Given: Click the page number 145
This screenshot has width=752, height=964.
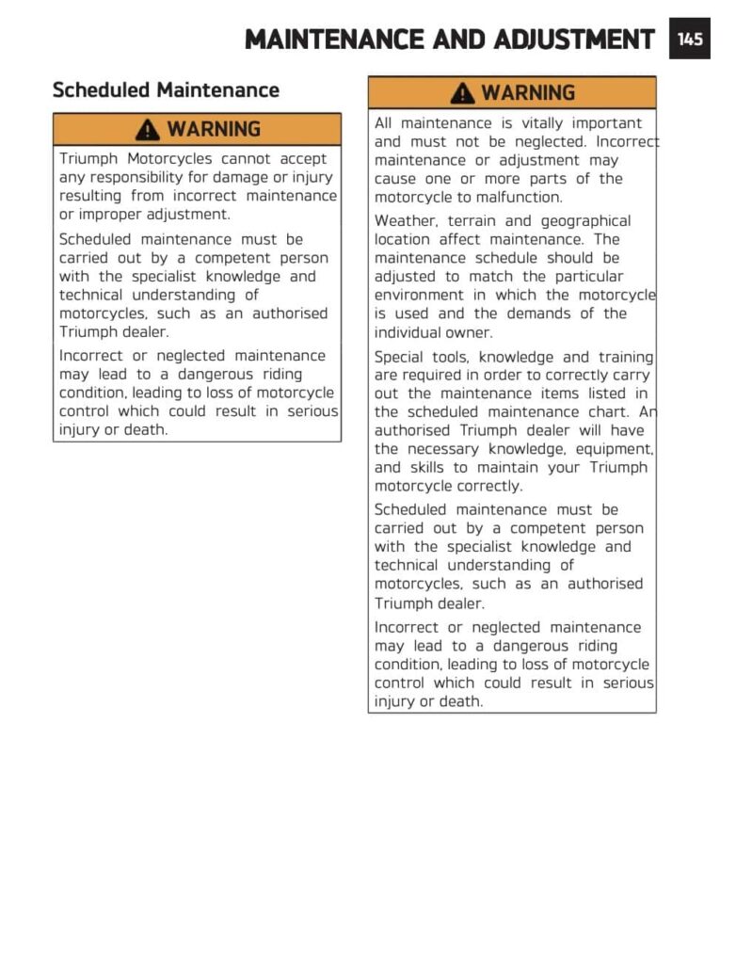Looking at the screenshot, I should [690, 39].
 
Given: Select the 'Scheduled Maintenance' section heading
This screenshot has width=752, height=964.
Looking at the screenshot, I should [166, 90].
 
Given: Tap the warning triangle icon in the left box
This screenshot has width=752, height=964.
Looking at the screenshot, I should [148, 129].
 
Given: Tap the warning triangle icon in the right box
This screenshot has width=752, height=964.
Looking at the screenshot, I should [462, 93].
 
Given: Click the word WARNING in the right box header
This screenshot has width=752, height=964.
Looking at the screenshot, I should [528, 93].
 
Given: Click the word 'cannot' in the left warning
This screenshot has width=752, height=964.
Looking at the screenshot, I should [248, 158].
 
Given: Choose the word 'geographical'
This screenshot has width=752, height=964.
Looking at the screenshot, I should [585, 220].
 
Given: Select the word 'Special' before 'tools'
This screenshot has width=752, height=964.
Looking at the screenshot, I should [399, 357].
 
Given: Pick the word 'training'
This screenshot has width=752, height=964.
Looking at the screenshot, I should [621, 357].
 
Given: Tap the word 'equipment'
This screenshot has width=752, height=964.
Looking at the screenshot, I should [609, 449].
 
